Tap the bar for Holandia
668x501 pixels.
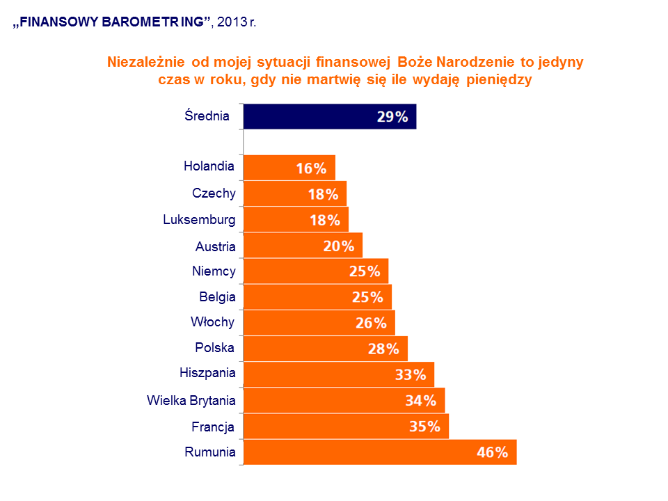[289, 168]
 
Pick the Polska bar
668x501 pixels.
[325, 349]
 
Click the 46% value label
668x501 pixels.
[493, 453]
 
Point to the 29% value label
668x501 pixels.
[392, 117]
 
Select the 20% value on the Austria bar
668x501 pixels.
[339, 246]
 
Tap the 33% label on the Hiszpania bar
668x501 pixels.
[410, 375]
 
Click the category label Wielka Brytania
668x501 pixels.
[191, 400]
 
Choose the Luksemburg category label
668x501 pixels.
[199, 220]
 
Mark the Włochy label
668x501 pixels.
[212, 322]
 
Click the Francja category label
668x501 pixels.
[213, 427]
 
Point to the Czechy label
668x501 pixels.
[214, 193]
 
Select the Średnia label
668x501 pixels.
[207, 116]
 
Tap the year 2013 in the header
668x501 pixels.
[231, 22]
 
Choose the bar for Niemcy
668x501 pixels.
[316, 271]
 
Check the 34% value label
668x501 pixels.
[420, 401]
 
